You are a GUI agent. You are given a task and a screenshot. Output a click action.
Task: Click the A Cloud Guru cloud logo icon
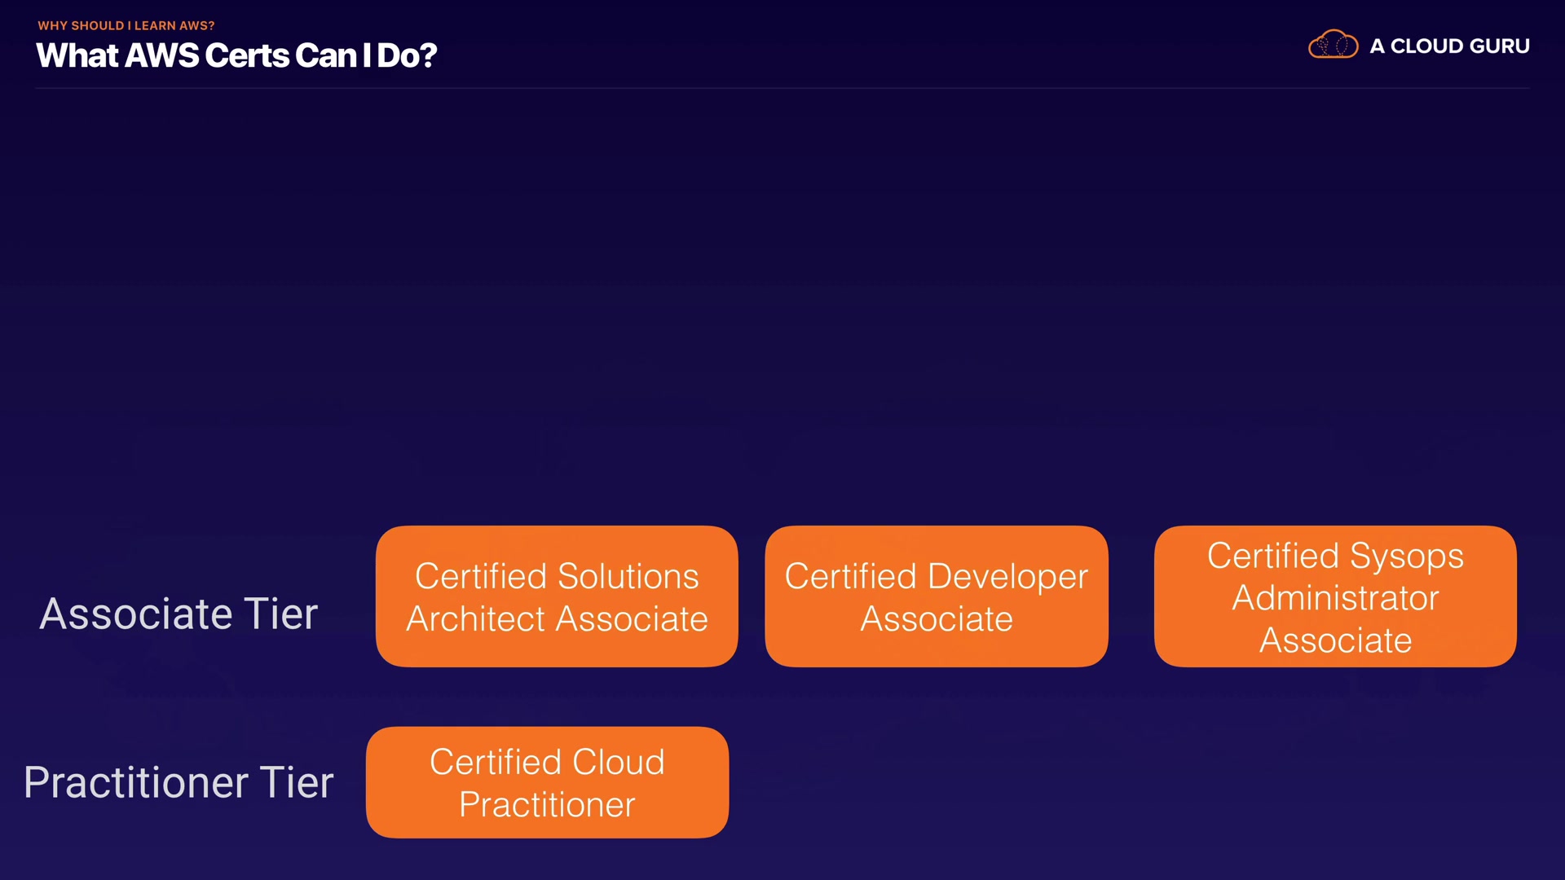[1333, 44]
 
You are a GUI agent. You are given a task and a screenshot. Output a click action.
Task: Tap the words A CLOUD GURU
[1449, 46]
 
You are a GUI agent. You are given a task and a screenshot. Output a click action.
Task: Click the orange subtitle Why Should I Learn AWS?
[126, 26]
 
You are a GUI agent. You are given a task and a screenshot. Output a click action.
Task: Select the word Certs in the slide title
[247, 55]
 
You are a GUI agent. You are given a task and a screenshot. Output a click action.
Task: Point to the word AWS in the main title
[161, 55]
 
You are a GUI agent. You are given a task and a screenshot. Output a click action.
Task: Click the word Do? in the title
[407, 55]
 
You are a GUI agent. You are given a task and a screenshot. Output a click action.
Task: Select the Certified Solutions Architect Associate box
[557, 596]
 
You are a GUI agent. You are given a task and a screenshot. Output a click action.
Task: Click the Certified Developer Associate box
[937, 596]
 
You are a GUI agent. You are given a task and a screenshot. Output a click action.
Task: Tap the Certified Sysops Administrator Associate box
[1335, 596]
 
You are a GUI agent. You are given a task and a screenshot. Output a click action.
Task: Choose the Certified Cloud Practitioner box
[547, 782]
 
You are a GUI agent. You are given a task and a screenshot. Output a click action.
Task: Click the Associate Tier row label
[179, 614]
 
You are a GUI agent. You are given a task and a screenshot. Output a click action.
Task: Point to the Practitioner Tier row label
[179, 782]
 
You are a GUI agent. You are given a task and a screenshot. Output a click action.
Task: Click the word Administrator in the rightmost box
[1335, 598]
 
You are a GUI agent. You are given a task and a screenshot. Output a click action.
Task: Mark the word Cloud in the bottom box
[619, 762]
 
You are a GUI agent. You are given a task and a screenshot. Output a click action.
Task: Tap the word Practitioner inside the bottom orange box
[547, 805]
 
